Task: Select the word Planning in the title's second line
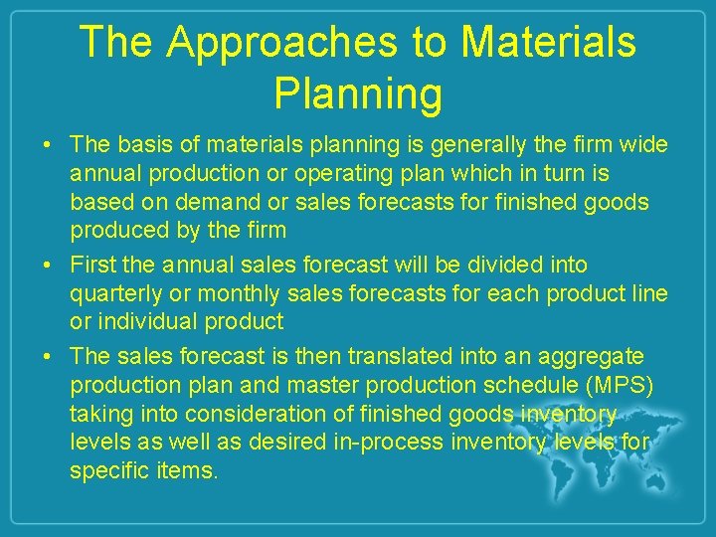click(358, 93)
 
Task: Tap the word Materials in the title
click(549, 42)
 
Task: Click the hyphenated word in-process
click(385, 441)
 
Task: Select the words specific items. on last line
click(143, 469)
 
